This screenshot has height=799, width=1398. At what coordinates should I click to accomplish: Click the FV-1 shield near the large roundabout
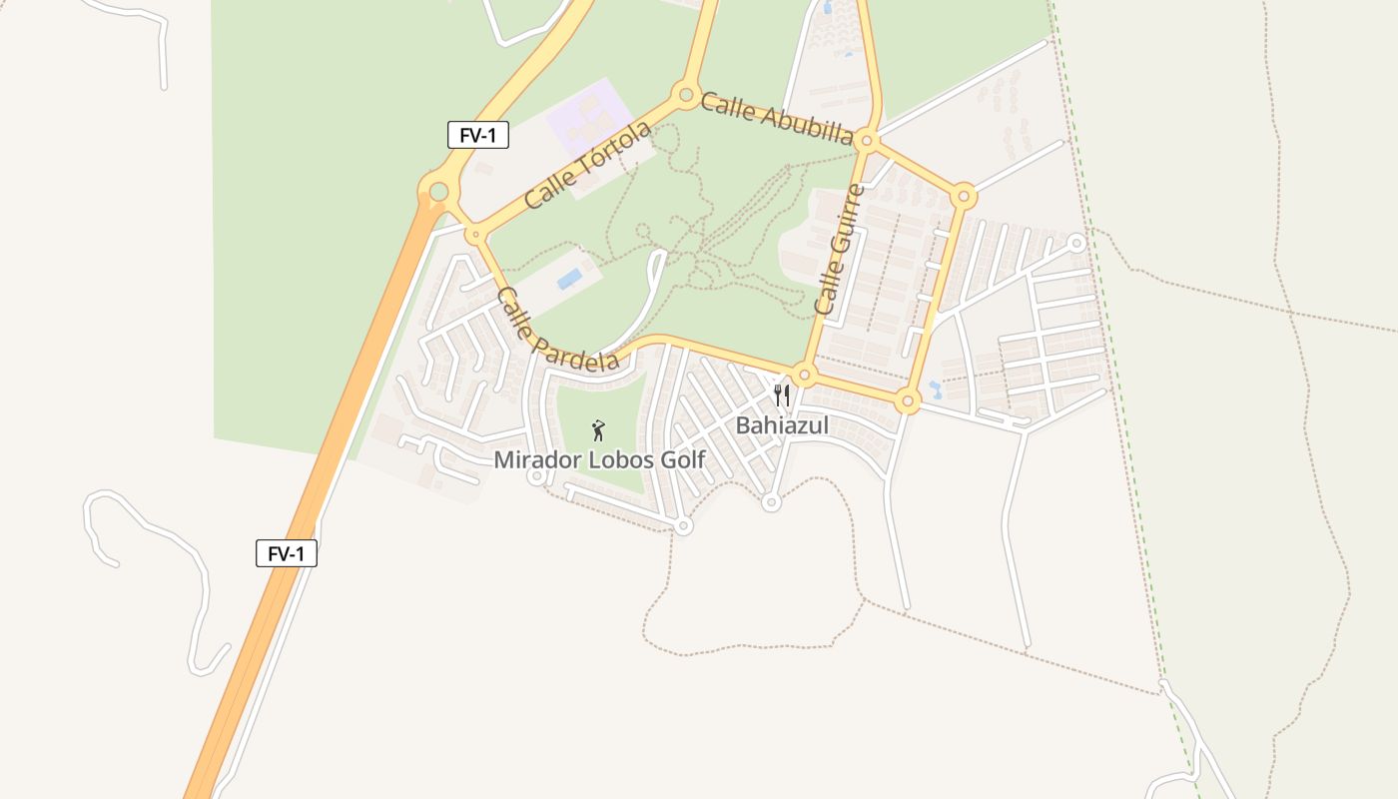pyautogui.click(x=478, y=136)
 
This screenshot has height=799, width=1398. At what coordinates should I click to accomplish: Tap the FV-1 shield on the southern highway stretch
pyautogui.click(x=287, y=553)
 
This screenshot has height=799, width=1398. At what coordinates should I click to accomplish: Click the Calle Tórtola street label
pyautogui.click(x=587, y=165)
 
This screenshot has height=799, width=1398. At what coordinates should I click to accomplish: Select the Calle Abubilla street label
pyautogui.click(x=777, y=119)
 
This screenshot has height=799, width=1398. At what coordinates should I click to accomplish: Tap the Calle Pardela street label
pyautogui.click(x=557, y=330)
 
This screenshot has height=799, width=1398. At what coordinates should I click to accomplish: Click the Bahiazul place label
pyautogui.click(x=782, y=425)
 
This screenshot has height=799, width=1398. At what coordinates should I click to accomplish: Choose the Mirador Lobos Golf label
pyautogui.click(x=599, y=460)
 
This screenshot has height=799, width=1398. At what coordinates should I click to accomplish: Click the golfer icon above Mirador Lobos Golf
pyautogui.click(x=598, y=430)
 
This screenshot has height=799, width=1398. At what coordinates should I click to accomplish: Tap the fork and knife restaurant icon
pyautogui.click(x=782, y=395)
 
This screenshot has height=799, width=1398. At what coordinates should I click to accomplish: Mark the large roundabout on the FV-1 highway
pyautogui.click(x=437, y=190)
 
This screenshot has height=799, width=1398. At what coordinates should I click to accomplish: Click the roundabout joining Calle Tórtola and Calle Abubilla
pyautogui.click(x=686, y=96)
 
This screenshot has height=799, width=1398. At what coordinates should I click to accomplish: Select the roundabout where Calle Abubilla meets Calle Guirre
pyautogui.click(x=867, y=142)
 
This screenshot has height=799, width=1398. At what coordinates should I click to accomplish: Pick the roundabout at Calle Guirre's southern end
pyautogui.click(x=806, y=376)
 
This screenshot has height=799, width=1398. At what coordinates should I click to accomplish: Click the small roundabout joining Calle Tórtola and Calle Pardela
pyautogui.click(x=476, y=235)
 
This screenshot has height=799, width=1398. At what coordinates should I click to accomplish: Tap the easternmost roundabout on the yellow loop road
pyautogui.click(x=963, y=196)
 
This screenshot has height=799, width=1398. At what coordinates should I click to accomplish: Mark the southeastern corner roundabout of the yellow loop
pyautogui.click(x=907, y=402)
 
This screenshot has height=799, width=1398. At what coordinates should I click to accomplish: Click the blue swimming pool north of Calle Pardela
pyautogui.click(x=569, y=279)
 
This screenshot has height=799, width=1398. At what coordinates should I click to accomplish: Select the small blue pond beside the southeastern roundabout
pyautogui.click(x=935, y=387)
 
